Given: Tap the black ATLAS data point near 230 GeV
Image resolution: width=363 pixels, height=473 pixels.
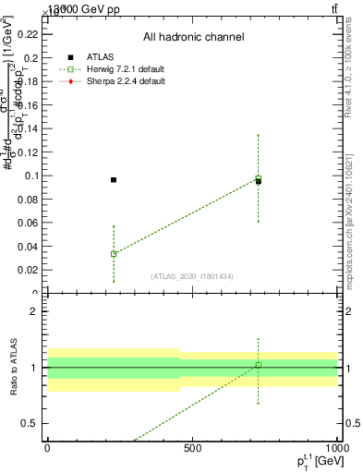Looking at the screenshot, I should (114, 179).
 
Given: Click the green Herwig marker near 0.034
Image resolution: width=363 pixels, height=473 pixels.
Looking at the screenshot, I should (114, 253).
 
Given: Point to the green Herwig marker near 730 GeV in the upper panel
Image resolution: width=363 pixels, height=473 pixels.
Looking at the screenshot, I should (259, 178).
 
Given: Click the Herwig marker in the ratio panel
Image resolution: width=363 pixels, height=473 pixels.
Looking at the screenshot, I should (259, 365).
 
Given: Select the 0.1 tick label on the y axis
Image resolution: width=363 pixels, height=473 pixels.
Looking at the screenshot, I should (30, 175).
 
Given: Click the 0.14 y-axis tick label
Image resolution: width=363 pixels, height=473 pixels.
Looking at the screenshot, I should (28, 127).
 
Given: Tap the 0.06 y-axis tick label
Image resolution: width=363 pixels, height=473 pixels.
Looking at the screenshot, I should (28, 223).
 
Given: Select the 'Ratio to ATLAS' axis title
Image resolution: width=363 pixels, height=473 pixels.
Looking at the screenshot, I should (13, 367).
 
